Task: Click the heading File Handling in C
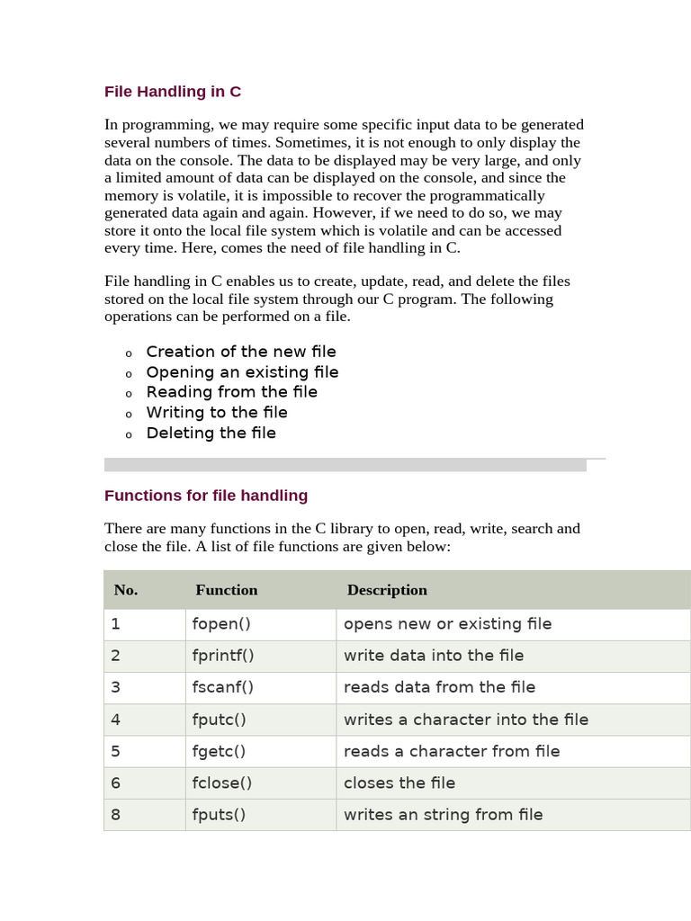[173, 92]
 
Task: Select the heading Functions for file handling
[206, 496]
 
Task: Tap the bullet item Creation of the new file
[241, 352]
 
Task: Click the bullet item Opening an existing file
[242, 372]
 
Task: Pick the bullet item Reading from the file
[231, 392]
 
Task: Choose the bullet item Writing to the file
[217, 413]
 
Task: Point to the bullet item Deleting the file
[211, 434]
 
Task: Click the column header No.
[126, 590]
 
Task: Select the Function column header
[227, 590]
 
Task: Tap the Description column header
[387, 590]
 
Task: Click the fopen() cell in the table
[220, 624]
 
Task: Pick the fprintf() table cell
[223, 656]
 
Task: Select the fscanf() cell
[223, 687]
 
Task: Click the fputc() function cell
[219, 720]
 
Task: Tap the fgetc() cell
[219, 751]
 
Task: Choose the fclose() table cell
[221, 782]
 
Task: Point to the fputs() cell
[219, 815]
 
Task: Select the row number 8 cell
[115, 815]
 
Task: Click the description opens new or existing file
[447, 624]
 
